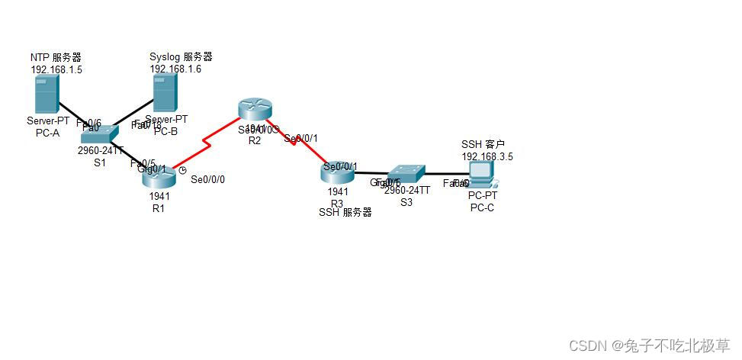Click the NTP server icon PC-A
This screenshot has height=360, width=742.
pos(46,95)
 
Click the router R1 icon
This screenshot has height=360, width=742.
pos(159,177)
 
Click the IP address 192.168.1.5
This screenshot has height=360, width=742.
pos(56,69)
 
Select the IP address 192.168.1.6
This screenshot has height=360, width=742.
pos(175,69)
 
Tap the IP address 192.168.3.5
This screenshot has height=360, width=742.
pos(487,156)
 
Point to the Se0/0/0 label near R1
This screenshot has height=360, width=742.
pos(207,180)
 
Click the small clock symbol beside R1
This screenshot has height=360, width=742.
pos(182,170)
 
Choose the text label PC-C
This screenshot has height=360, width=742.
pos(482,207)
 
